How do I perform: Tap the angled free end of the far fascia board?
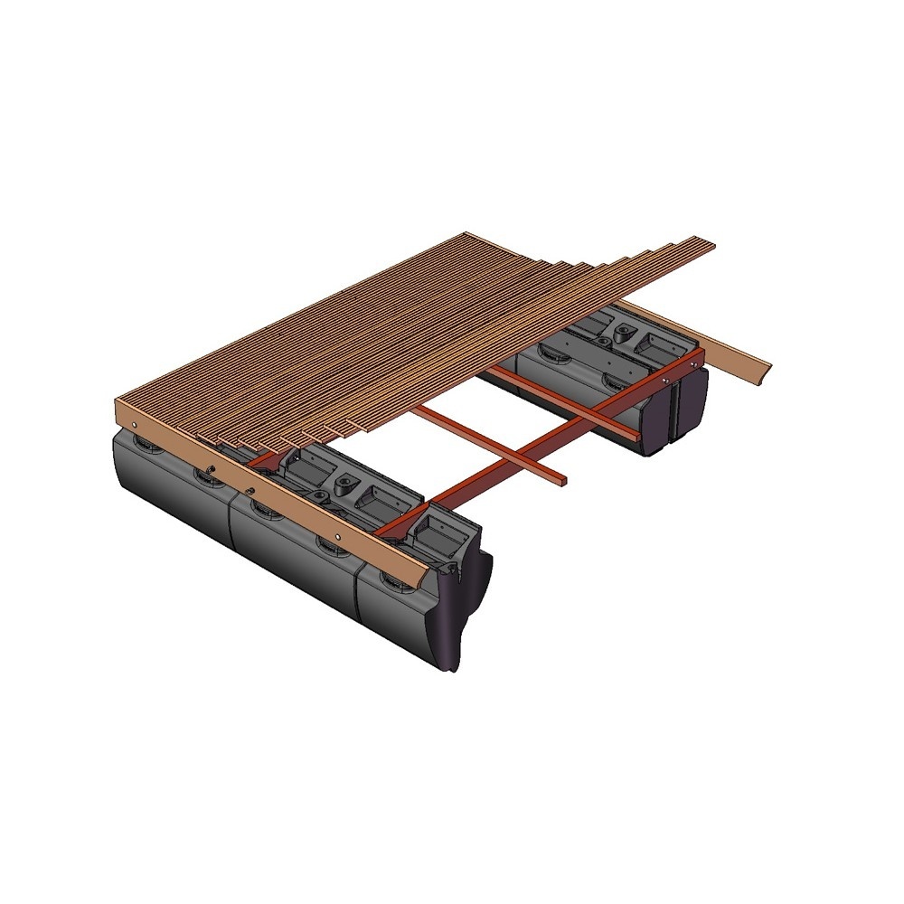764,370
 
